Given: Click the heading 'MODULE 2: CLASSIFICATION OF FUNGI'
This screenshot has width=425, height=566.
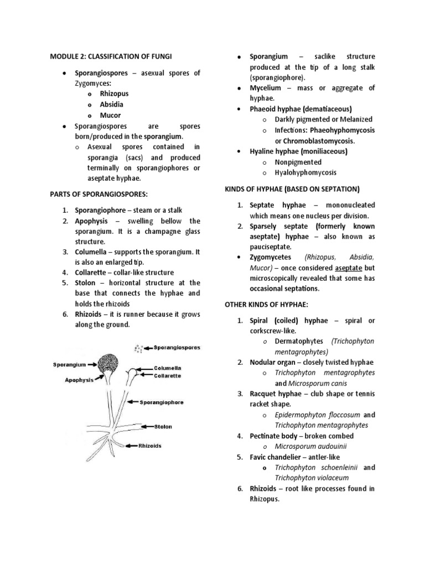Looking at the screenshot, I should tap(115, 56).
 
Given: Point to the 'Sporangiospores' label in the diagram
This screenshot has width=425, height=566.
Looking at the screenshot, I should tap(173, 348).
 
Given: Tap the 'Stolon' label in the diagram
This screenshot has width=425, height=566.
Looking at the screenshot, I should tap(163, 427).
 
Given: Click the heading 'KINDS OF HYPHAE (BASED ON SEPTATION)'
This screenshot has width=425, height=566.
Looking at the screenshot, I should tap(291, 189).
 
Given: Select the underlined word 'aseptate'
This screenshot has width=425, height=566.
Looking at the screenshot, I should tap(347, 268).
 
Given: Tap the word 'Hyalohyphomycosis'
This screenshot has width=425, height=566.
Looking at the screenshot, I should tap(306, 172).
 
